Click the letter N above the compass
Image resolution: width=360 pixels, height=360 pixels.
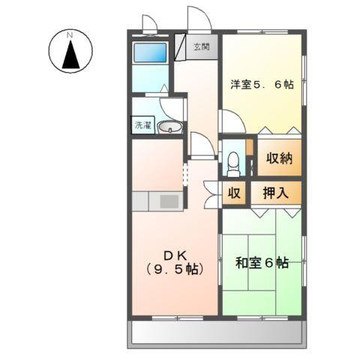tap(69, 34)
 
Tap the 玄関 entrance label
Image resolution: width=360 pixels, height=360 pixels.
tap(201, 47)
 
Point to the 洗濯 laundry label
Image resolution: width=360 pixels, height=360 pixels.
tap(142, 126)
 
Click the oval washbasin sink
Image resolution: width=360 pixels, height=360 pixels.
tap(172, 127)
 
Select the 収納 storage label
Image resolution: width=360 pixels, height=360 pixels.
tap(280, 160)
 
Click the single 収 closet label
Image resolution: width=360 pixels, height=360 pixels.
tap(234, 193)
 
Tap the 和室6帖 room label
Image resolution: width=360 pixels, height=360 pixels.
tap(262, 263)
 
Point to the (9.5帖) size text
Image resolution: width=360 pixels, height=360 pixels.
tap(173, 268)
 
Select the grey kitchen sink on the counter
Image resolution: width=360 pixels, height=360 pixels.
tap(169, 201)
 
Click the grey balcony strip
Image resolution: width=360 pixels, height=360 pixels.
tap(218, 331)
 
